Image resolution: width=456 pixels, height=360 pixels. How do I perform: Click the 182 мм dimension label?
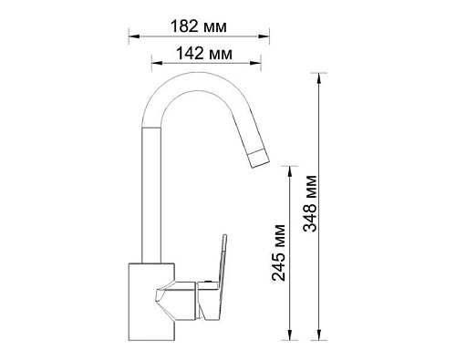(x=199, y=26)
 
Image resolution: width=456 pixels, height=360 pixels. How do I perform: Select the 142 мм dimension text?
(x=204, y=54)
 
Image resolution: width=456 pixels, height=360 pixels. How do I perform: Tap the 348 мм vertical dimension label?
(x=310, y=203)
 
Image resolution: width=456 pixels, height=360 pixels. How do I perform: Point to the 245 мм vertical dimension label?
(x=279, y=252)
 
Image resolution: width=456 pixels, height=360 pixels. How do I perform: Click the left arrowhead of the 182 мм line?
(x=134, y=36)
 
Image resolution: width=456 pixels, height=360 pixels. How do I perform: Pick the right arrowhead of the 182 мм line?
(x=264, y=36)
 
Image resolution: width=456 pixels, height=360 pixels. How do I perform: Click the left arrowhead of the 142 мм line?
(x=157, y=63)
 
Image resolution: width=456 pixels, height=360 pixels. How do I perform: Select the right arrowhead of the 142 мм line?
(x=255, y=63)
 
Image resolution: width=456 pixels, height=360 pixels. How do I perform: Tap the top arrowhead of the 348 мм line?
(x=318, y=78)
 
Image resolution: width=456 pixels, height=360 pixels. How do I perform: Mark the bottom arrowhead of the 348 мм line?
(x=318, y=334)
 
